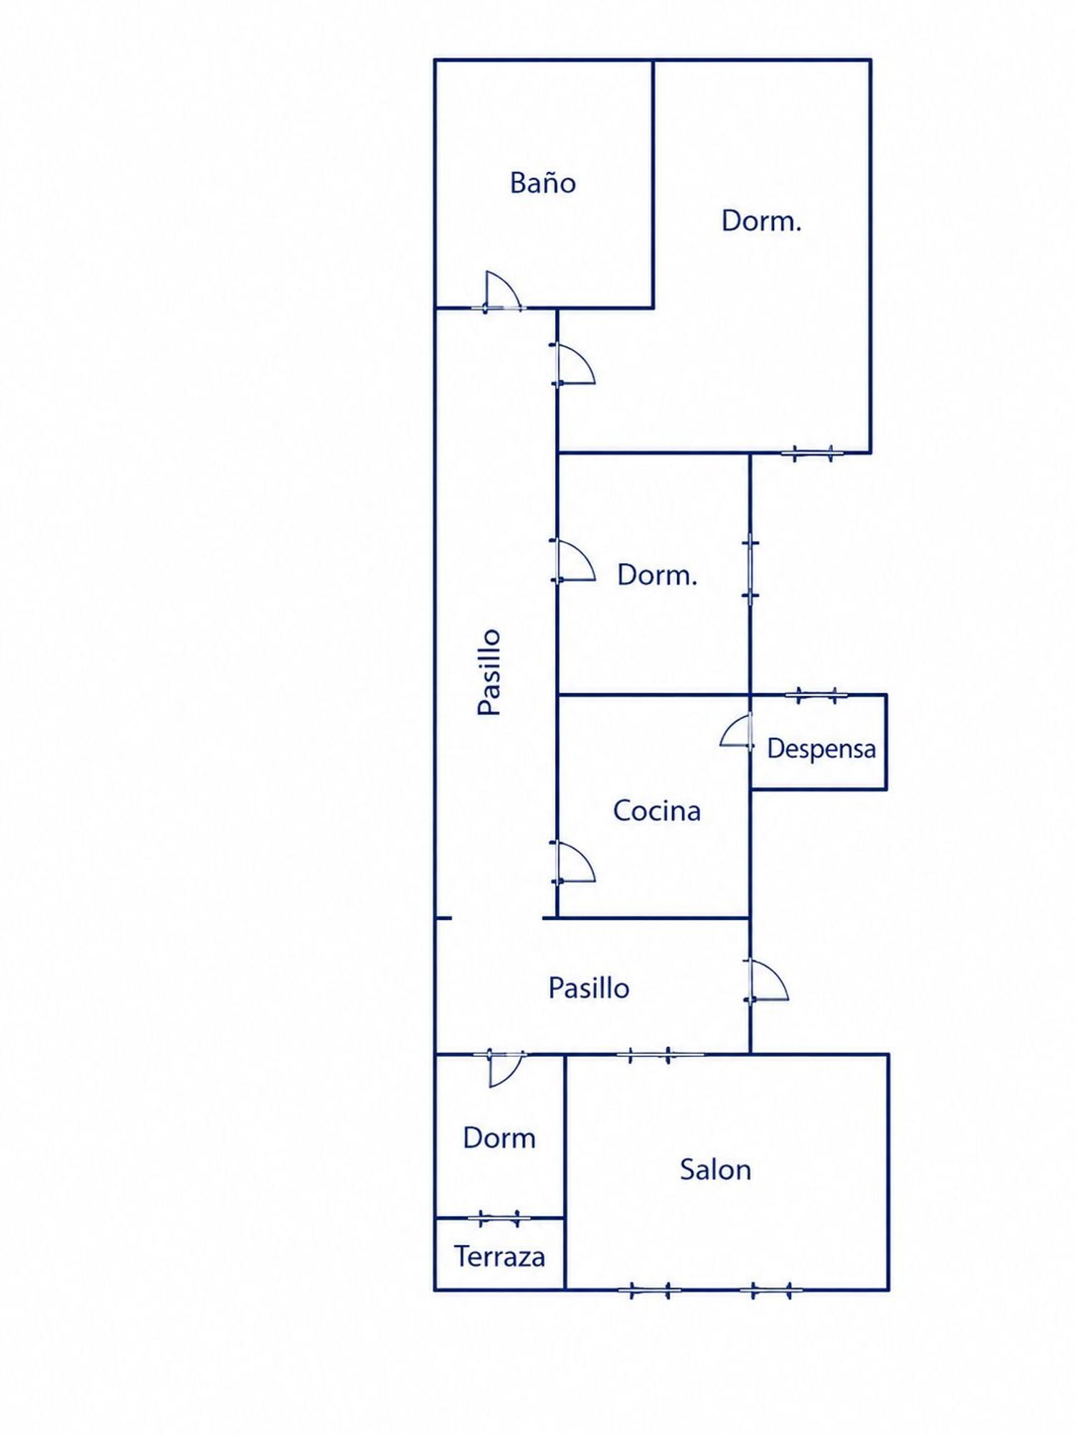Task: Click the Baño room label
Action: coord(542,182)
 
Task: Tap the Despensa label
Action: coord(821,749)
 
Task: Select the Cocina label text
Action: coord(656,811)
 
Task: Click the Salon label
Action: coord(715,1170)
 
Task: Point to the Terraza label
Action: coord(499,1257)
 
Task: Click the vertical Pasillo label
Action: coord(489,672)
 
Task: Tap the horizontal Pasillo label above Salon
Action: coord(589,988)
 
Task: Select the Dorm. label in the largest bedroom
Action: coord(761,220)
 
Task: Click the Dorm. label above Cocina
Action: coord(657,575)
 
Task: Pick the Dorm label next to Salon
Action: coord(499,1138)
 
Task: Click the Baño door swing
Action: coord(502,291)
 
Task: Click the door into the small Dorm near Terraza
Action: coord(506,1068)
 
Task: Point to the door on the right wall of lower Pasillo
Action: coord(768,979)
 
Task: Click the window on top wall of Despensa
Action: coord(816,695)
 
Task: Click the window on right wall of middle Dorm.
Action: coord(750,569)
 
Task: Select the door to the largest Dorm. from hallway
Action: coord(574,364)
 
